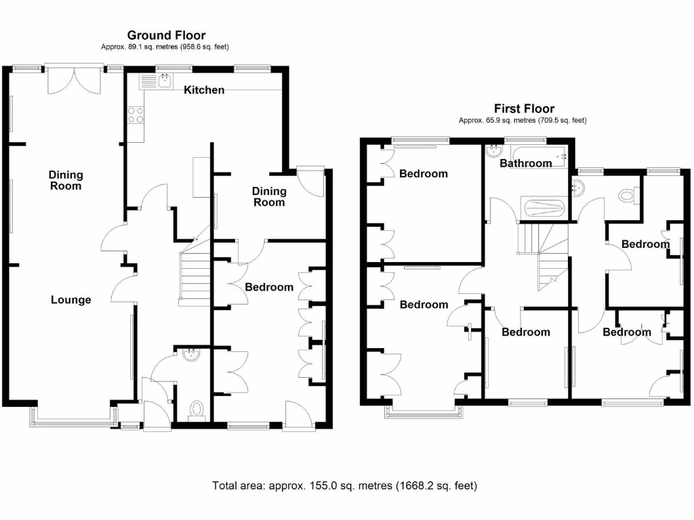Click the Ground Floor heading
pyautogui.click(x=167, y=35)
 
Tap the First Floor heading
pyautogui.click(x=524, y=108)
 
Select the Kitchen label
pyautogui.click(x=204, y=90)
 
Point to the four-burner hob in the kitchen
pyautogui.click(x=136, y=115)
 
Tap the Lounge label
pyautogui.click(x=70, y=300)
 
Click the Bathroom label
pyautogui.click(x=526, y=164)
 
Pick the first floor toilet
pyautogui.click(x=628, y=195)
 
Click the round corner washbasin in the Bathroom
pyautogui.click(x=492, y=151)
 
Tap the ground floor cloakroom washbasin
pyautogui.click(x=191, y=355)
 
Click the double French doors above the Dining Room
pyautogui.click(x=75, y=80)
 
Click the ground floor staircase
pyautogui.click(x=195, y=276)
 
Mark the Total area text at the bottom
pyautogui.click(x=345, y=486)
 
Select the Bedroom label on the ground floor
pyautogui.click(x=269, y=287)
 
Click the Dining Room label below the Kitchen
pyautogui.click(x=269, y=197)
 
